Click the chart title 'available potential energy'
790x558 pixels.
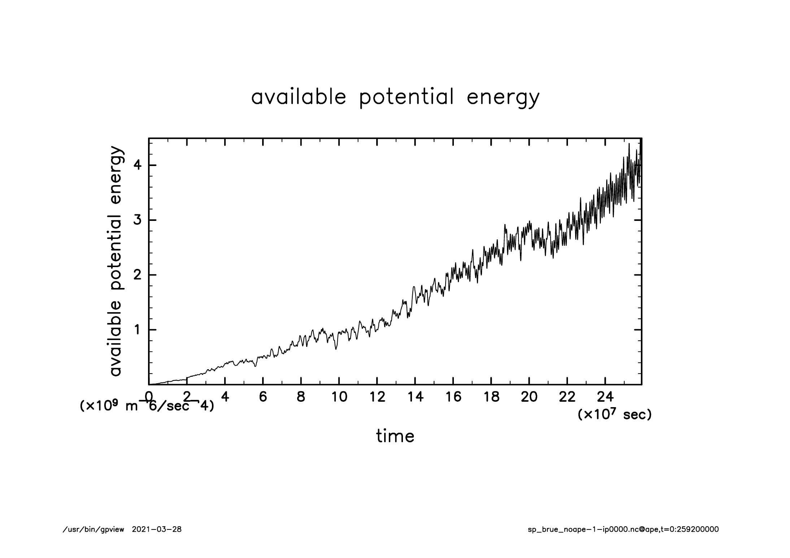click(x=395, y=97)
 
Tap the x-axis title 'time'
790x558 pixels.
click(x=395, y=436)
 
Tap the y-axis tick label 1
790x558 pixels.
click(x=138, y=330)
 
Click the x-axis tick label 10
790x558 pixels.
click(x=339, y=397)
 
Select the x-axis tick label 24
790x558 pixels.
click(x=605, y=397)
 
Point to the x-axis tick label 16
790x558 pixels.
click(x=453, y=397)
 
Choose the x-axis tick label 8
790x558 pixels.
click(x=301, y=397)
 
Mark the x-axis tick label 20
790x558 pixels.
click(x=529, y=397)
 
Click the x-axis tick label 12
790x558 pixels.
click(x=377, y=397)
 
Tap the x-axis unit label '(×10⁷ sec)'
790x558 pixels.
click(x=615, y=414)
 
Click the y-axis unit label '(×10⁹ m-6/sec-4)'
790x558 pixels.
click(x=147, y=406)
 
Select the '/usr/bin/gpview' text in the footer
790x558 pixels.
click(x=94, y=529)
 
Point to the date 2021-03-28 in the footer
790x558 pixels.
click(x=157, y=529)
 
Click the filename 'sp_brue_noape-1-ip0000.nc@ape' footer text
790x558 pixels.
click(x=593, y=529)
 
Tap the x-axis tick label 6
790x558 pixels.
click(x=263, y=397)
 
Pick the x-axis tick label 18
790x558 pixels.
click(x=491, y=397)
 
